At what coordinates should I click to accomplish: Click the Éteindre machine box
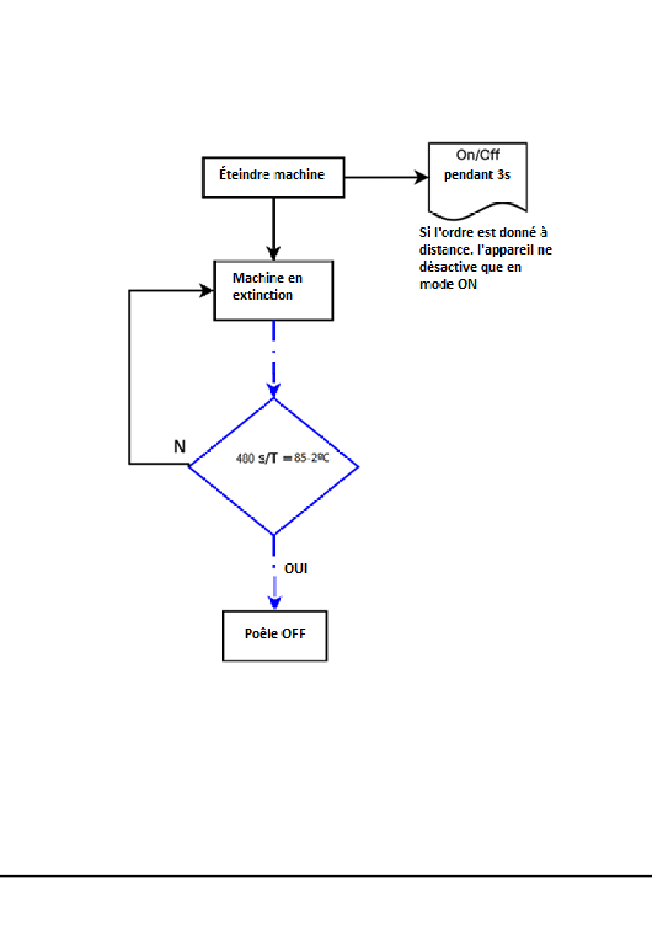(273, 177)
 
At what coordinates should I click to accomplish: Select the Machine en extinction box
(273, 291)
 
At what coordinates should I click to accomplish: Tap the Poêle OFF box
(275, 636)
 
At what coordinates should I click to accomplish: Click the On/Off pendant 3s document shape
(478, 180)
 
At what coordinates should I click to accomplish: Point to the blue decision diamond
(273, 466)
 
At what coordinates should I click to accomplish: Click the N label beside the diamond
(180, 447)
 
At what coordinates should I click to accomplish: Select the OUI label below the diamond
(296, 569)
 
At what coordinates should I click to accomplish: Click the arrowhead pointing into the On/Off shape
(421, 177)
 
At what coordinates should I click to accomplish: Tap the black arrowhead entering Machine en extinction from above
(273, 253)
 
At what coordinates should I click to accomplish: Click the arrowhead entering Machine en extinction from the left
(207, 291)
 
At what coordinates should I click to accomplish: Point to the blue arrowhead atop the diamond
(273, 390)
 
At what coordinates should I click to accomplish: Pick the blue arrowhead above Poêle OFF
(275, 603)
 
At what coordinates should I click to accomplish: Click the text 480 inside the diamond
(245, 458)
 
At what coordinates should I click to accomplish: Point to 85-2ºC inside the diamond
(312, 458)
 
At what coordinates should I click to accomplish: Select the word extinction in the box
(263, 295)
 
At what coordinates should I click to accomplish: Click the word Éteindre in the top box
(244, 174)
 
